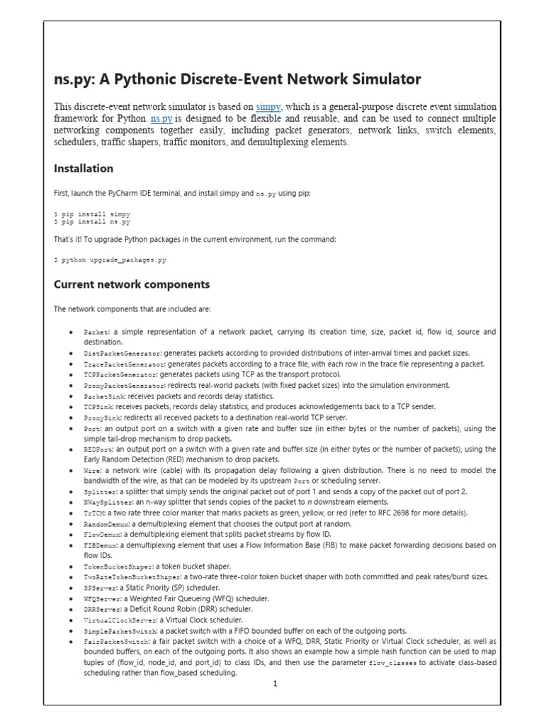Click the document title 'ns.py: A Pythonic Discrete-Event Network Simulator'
237,79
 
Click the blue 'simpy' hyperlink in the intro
268,106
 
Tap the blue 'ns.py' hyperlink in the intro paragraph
161,118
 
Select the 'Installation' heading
84,169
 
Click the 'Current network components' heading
132,284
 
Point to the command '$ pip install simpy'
92,213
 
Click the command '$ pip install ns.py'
92,221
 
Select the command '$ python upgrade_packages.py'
110,260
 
